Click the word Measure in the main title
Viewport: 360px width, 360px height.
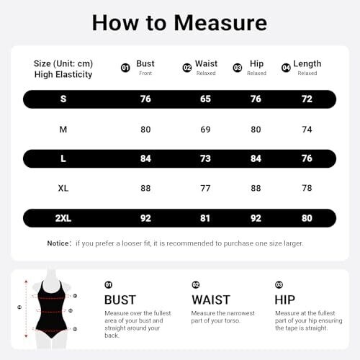coord(220,23)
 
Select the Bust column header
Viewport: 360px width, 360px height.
coord(145,63)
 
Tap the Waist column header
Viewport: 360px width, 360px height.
coord(206,63)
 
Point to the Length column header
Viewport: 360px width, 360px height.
coord(307,64)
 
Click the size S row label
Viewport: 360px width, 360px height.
coord(63,99)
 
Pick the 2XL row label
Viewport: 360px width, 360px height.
coord(63,218)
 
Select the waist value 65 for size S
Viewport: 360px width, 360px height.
coord(205,99)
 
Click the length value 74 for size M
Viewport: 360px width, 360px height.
coord(307,130)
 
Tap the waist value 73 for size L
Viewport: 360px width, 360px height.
coord(205,158)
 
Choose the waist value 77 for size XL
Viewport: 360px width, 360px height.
coord(205,188)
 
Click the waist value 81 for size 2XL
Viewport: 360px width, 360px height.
coord(205,218)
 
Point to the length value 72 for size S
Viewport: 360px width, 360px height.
coord(307,99)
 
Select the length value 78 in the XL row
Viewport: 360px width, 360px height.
coord(307,188)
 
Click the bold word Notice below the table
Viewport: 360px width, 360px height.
coord(58,243)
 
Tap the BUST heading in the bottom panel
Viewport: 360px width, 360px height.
coord(120,300)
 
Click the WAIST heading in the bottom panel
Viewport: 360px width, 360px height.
coord(211,300)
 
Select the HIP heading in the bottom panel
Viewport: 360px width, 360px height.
coord(285,300)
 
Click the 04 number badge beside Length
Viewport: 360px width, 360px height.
coord(286,68)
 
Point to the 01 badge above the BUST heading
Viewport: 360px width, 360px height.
coord(109,285)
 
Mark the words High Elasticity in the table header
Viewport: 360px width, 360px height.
coord(63,75)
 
